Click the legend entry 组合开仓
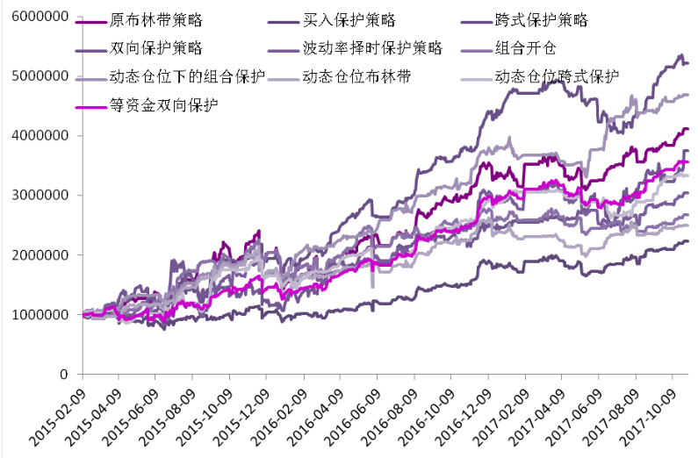[532, 47]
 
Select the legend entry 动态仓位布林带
[356, 75]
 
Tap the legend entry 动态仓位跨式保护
[558, 75]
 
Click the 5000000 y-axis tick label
[39, 76]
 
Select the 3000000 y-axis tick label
[39, 196]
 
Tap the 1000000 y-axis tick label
[39, 315]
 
